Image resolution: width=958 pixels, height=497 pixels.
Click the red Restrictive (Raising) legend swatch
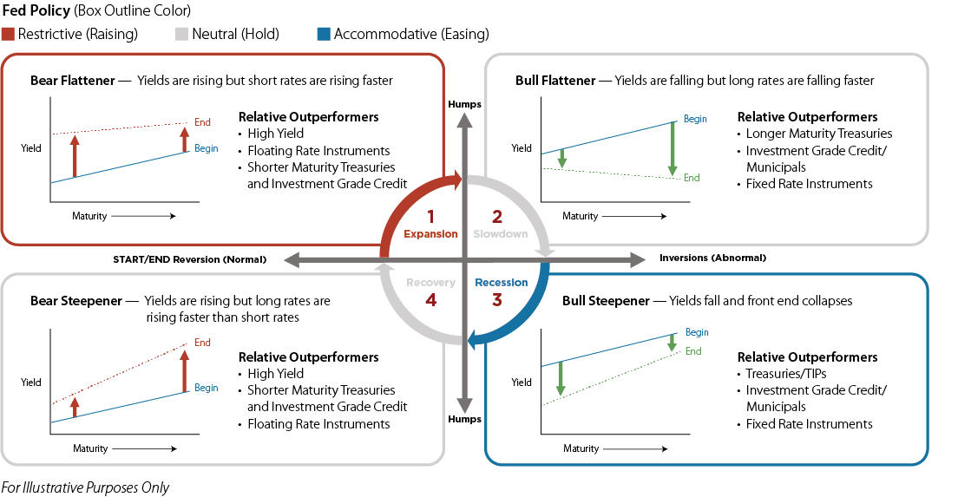pos(8,35)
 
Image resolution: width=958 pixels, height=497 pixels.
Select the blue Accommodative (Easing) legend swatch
pos(323,35)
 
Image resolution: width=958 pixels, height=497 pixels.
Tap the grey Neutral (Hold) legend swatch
pos(180,35)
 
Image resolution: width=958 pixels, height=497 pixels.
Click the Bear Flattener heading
pos(72,81)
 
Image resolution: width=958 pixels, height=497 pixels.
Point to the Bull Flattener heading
pos(555,81)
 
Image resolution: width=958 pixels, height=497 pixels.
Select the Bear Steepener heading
pos(72,301)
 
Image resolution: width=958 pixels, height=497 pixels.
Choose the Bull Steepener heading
pos(606,301)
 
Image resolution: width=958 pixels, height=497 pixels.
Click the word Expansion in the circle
pos(430,234)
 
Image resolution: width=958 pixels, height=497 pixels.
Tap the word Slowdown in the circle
pos(500,234)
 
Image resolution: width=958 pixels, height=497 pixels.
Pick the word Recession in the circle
pos(501,283)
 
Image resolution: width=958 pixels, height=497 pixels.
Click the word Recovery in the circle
pos(430,283)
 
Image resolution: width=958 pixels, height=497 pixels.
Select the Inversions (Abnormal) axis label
pos(712,258)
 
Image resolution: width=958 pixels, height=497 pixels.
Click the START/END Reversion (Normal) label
pos(189,259)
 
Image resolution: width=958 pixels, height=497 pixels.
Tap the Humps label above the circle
pos(464,104)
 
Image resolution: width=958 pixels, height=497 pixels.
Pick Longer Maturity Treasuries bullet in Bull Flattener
pos(818,134)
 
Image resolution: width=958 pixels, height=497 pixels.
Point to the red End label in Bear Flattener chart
pos(203,122)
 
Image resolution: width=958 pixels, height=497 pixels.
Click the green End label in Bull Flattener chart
pos(691,178)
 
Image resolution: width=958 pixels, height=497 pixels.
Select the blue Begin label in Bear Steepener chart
pos(207,389)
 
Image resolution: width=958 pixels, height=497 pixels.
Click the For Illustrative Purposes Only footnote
pos(85,487)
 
